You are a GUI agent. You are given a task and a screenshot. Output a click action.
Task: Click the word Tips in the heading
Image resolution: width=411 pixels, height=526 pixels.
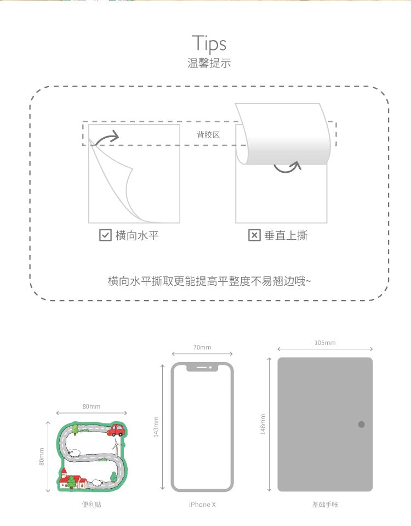209,44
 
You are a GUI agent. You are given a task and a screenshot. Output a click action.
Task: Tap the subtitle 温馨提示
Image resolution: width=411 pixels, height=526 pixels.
209,63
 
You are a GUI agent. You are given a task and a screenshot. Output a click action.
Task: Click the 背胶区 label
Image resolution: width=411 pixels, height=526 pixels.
208,135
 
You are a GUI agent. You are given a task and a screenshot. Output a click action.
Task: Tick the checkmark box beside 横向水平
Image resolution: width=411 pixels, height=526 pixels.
105,235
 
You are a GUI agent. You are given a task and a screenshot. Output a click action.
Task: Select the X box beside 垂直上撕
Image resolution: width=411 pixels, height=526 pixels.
254,235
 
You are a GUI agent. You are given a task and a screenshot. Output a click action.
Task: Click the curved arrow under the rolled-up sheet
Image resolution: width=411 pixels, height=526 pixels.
287,168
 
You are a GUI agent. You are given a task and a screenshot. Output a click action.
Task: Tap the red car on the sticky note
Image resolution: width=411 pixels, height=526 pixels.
116,430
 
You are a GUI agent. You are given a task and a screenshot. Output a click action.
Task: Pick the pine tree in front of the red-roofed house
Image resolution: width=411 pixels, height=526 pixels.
71,482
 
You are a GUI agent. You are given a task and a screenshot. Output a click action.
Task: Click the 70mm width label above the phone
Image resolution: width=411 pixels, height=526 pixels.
202,348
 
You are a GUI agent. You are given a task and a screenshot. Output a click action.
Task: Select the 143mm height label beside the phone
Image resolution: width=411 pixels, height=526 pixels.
156,427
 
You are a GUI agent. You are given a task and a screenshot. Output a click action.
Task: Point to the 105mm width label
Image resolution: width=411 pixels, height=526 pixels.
325,343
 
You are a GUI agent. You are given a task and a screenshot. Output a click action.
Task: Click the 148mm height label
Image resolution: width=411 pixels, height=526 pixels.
263,425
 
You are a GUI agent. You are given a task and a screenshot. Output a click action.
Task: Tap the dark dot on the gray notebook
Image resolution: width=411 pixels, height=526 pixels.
361,425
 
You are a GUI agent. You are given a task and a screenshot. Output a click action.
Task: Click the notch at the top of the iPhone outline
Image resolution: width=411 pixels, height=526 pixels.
202,367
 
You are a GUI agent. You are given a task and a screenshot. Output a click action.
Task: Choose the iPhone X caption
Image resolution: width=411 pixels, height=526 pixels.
202,505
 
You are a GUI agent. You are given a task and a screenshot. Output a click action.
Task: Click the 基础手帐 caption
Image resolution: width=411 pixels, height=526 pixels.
325,505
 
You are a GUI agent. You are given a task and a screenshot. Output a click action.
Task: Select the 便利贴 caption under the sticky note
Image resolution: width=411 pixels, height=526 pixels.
92,505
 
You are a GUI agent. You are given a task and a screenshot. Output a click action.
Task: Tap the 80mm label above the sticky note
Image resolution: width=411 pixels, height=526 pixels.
92,406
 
